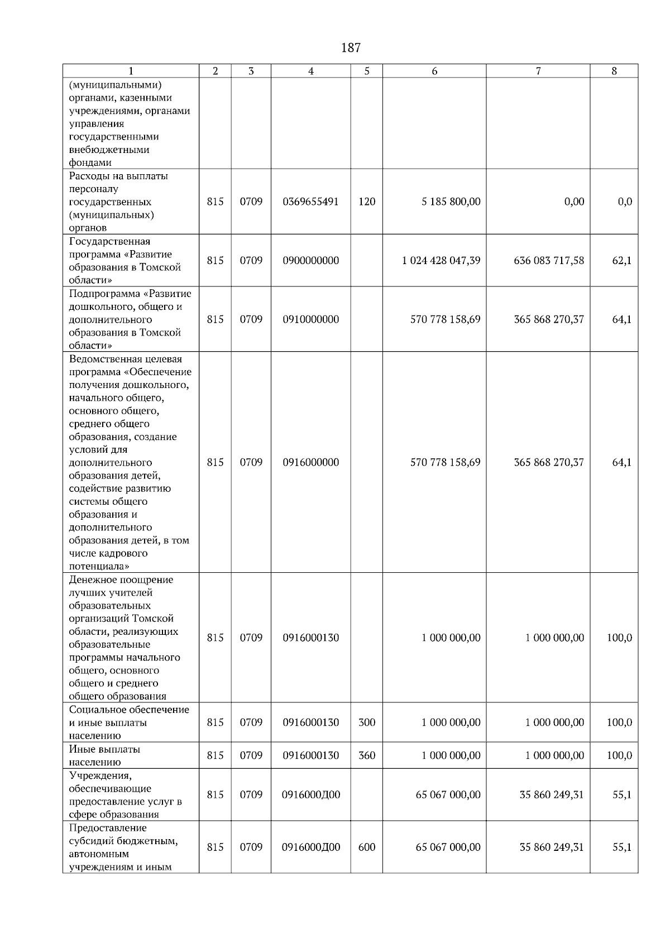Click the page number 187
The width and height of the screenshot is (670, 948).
[351, 48]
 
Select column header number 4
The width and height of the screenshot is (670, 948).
[311, 71]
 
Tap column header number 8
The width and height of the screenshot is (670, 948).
[614, 71]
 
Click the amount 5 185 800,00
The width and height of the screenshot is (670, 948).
[451, 202]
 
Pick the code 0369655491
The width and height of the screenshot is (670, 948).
[311, 202]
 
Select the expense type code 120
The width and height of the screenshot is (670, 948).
[367, 202]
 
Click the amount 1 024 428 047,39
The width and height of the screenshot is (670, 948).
[441, 261]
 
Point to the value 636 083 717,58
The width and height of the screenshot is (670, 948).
[549, 261]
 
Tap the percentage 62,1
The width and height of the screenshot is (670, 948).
[621, 261]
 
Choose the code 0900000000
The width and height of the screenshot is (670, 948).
[311, 261]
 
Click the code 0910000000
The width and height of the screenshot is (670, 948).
[311, 319]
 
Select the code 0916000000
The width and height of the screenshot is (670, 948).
[311, 462]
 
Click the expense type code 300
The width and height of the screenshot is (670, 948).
[367, 722]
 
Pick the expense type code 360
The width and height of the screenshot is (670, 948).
[367, 755]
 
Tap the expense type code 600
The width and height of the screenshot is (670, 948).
[367, 847]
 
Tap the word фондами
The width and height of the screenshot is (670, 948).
[90, 162]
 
